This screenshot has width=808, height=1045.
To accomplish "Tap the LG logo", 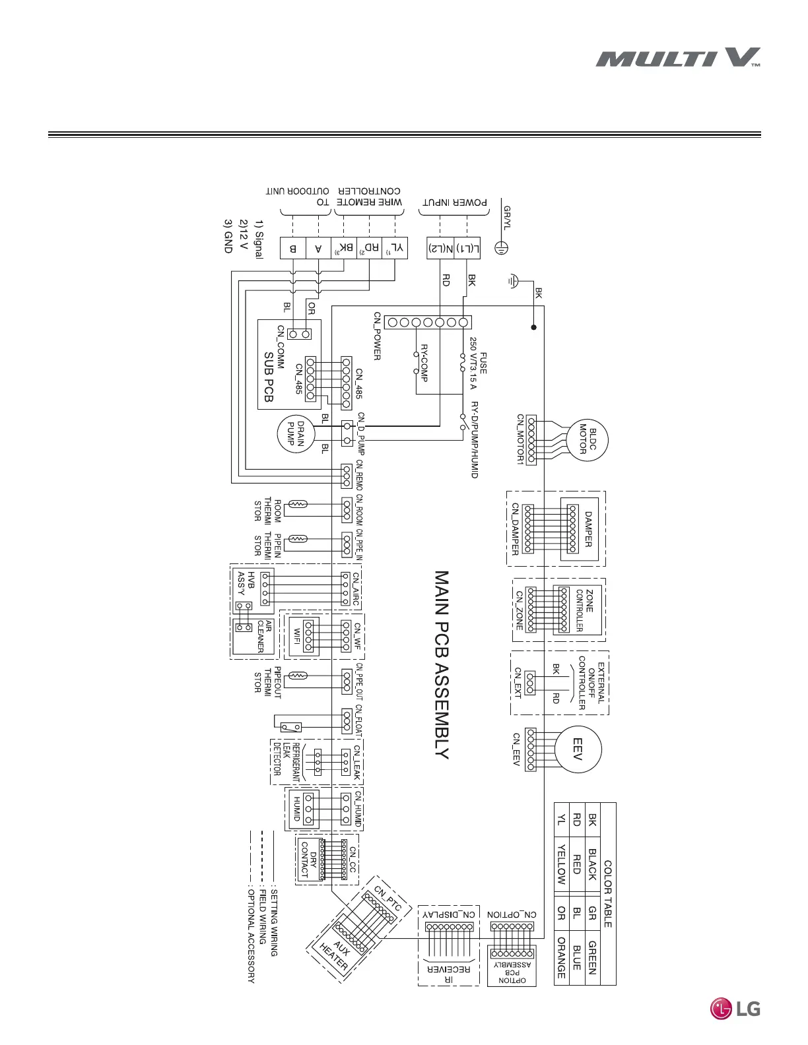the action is (735, 1008).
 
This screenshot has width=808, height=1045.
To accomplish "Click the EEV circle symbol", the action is (578, 748).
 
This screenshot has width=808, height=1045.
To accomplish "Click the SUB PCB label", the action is (269, 377).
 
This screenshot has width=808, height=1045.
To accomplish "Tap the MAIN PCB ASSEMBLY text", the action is (442, 665).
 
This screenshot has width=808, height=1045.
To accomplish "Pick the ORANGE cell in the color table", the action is (561, 957).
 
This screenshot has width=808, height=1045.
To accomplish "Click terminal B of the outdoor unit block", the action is (293, 249).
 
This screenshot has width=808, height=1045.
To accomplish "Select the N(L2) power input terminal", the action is (440, 249).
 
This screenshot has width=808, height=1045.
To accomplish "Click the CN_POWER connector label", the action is (377, 336).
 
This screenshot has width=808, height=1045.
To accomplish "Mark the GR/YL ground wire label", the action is (506, 218).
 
